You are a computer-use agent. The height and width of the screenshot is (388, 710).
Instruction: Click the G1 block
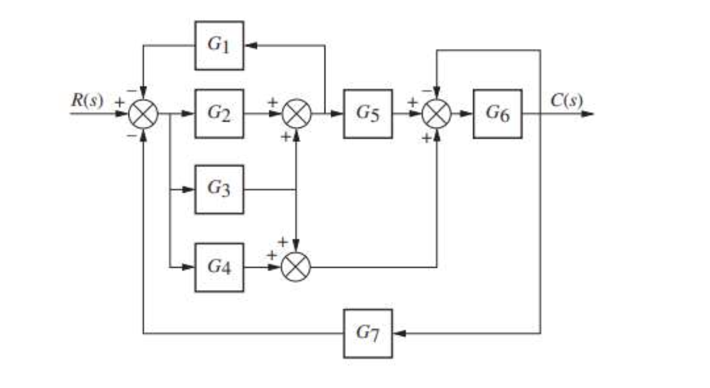click(219, 45)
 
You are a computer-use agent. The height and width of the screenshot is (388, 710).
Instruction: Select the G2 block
click(219, 114)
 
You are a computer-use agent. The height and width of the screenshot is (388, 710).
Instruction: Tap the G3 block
click(219, 189)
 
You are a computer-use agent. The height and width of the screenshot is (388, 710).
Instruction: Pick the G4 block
click(219, 267)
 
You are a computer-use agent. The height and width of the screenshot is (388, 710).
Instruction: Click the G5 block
click(368, 114)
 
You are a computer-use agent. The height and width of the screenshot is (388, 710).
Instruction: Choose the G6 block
click(497, 114)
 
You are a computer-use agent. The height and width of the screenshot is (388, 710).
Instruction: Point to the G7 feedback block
click(368, 333)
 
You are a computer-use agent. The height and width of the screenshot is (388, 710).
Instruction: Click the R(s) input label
click(86, 101)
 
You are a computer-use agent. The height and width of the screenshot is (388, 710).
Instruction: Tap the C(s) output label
click(566, 101)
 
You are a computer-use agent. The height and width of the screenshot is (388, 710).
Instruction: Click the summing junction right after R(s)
click(142, 114)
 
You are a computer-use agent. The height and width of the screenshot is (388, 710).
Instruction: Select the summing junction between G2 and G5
click(295, 114)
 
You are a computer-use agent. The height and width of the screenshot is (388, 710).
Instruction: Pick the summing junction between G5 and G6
click(437, 114)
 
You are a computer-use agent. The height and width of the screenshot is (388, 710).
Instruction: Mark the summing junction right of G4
click(295, 267)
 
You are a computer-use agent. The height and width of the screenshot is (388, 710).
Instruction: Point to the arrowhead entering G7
click(398, 333)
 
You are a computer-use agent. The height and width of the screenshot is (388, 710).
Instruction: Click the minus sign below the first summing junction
click(131, 135)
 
